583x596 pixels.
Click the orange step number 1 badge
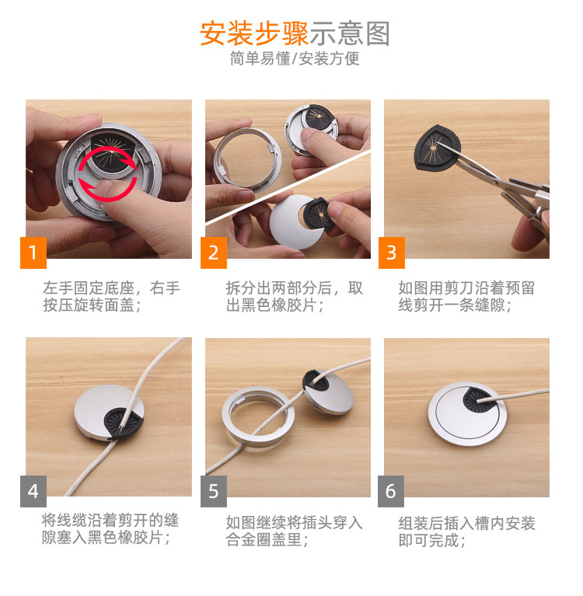click(33, 253)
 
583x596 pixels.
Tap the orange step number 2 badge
click(214, 253)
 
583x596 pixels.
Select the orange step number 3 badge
click(391, 253)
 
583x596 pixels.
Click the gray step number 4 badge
click(33, 491)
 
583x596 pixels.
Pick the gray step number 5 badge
click(214, 491)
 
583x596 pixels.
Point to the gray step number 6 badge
click(391, 491)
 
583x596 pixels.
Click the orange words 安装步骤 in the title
click(254, 33)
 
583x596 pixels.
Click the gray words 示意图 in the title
click(350, 33)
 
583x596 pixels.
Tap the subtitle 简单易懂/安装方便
click(295, 58)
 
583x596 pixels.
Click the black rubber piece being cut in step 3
click(438, 148)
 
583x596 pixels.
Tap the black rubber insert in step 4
click(124, 423)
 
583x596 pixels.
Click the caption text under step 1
click(111, 297)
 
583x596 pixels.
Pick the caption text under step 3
click(466, 297)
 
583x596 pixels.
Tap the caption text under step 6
click(466, 532)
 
